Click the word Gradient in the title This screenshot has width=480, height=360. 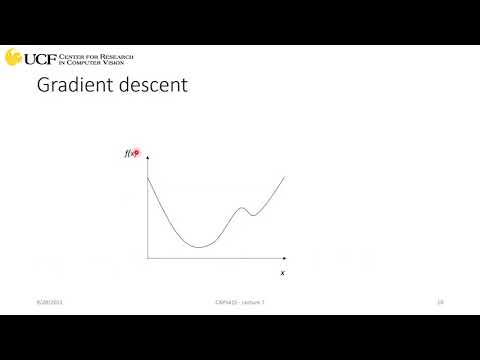(71, 86)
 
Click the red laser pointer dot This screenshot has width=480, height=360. (137, 155)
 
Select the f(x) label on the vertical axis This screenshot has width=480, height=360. (130, 155)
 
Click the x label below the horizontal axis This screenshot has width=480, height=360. (282, 272)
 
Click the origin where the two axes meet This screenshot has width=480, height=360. (147, 258)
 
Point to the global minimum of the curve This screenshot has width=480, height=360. (200, 246)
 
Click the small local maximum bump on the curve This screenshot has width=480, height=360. (241, 208)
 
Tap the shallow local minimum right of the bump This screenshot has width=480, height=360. (252, 214)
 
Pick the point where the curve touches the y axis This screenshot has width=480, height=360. (148, 177)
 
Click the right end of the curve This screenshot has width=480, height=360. (286, 176)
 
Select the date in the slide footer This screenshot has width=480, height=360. (48, 301)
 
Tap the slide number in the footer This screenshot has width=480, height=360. (440, 301)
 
